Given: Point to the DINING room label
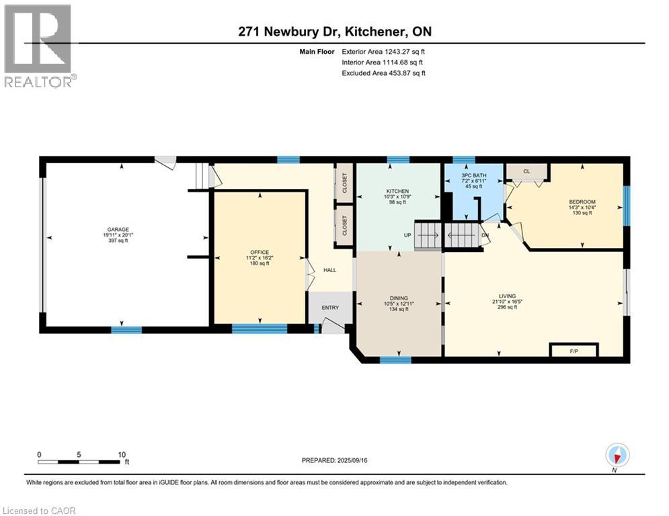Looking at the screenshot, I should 399,298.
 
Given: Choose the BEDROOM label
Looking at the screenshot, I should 582,202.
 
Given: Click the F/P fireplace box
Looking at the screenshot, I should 574,350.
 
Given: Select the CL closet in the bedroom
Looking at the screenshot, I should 527,171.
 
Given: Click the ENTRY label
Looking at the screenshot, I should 330,308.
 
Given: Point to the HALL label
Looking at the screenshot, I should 329,270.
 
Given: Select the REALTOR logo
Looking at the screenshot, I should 39,46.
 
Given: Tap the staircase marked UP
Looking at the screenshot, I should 428,236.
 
